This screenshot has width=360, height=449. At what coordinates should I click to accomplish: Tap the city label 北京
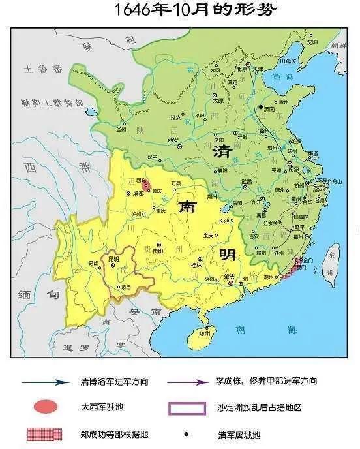pyautogui.click(x=243, y=67)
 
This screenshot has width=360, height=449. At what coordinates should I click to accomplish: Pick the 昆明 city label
pyautogui.click(x=114, y=259)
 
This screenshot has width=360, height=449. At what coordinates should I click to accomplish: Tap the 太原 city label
pyautogui.click(x=218, y=101)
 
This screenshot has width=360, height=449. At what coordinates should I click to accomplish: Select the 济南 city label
pyautogui.click(x=268, y=109)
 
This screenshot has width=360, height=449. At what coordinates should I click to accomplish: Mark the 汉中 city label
pyautogui.click(x=152, y=157)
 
